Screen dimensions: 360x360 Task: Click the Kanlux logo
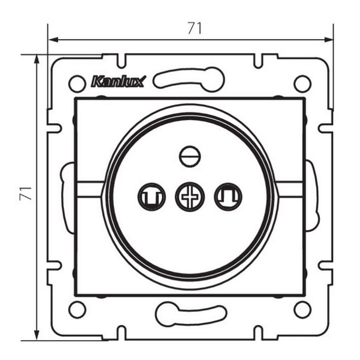coord(118,82)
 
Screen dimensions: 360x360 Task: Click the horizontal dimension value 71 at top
coord(195,28)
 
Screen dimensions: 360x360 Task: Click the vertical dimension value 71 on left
coord(25,194)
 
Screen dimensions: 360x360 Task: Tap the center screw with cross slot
coord(190,197)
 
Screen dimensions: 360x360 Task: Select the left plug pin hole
coord(152,197)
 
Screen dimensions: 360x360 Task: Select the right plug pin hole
coord(228,197)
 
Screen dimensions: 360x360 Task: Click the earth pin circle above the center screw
coord(190,157)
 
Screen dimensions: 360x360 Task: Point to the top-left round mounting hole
coord(78,84)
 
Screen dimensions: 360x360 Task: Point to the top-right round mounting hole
coord(303,84)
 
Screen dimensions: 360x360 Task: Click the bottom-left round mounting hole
coord(78,309)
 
